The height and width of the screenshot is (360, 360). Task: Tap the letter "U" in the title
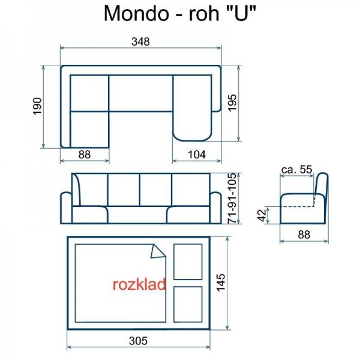click(242, 13)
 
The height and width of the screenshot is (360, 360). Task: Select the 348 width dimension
click(140, 41)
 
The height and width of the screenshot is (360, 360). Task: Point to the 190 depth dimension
click(37, 106)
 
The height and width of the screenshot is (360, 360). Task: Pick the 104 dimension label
click(196, 154)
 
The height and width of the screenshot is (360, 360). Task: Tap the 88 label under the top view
click(85, 154)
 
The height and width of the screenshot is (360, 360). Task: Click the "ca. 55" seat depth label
click(297, 170)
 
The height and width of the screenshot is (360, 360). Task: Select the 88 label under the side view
click(304, 235)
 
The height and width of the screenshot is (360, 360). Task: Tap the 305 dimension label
click(139, 340)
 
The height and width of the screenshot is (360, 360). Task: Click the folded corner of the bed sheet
click(158, 251)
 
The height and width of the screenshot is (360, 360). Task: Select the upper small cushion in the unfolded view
click(187, 262)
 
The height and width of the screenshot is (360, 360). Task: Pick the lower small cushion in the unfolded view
click(187, 304)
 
